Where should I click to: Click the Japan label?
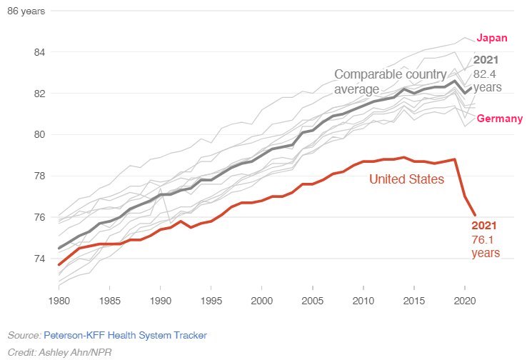(492, 39)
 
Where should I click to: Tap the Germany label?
(499, 119)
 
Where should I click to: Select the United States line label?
(406, 179)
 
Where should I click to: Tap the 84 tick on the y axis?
(38, 52)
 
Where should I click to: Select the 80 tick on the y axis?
(38, 134)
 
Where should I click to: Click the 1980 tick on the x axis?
(59, 300)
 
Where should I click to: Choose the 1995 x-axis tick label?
(212, 300)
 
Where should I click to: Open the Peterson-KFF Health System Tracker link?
(125, 334)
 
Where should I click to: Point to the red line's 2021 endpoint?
(476, 214)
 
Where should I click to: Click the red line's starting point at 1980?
(59, 264)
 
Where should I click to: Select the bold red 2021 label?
(483, 226)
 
